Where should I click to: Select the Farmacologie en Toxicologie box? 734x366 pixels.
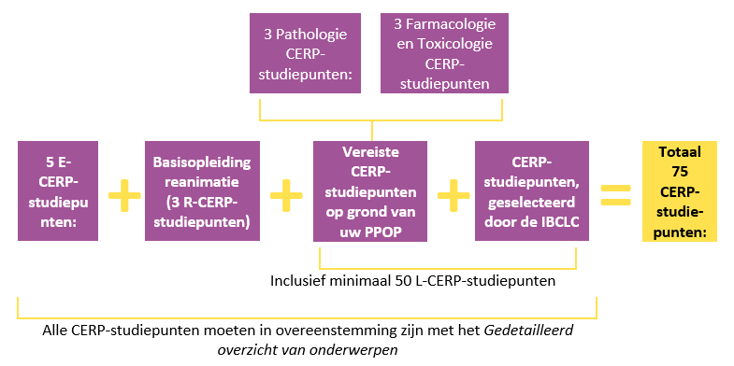pos(443,52)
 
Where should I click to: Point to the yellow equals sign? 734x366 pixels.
pos(616,193)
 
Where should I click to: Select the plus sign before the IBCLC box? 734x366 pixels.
pos(452,193)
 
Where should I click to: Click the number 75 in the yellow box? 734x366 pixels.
pos(679,171)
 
